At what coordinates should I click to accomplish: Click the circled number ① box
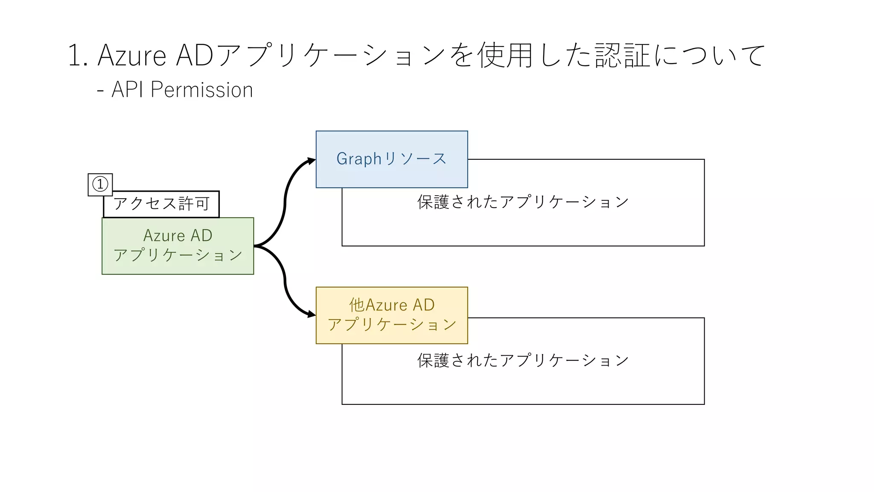pyautogui.click(x=100, y=184)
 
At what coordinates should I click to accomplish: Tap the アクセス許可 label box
pyautogui.click(x=161, y=204)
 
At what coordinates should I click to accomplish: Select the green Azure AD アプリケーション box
pyautogui.click(x=178, y=246)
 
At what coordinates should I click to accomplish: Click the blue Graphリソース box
pyautogui.click(x=391, y=159)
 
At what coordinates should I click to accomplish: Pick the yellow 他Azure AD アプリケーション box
pyautogui.click(x=391, y=315)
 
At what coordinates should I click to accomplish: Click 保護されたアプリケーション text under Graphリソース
pyautogui.click(x=523, y=202)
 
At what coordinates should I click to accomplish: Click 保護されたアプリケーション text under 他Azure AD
pyautogui.click(x=523, y=360)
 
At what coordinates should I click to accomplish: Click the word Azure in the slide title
pyautogui.click(x=132, y=56)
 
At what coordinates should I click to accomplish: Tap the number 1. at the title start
pyautogui.click(x=78, y=56)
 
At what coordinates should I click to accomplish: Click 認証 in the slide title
pyautogui.click(x=623, y=56)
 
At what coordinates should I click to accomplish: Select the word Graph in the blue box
pyautogui.click(x=358, y=159)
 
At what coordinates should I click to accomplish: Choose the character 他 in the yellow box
pyautogui.click(x=357, y=305)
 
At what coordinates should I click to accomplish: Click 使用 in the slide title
pyautogui.click(x=505, y=56)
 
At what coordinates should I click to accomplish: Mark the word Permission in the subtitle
pyautogui.click(x=202, y=90)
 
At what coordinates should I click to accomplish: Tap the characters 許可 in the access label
pyautogui.click(x=194, y=204)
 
